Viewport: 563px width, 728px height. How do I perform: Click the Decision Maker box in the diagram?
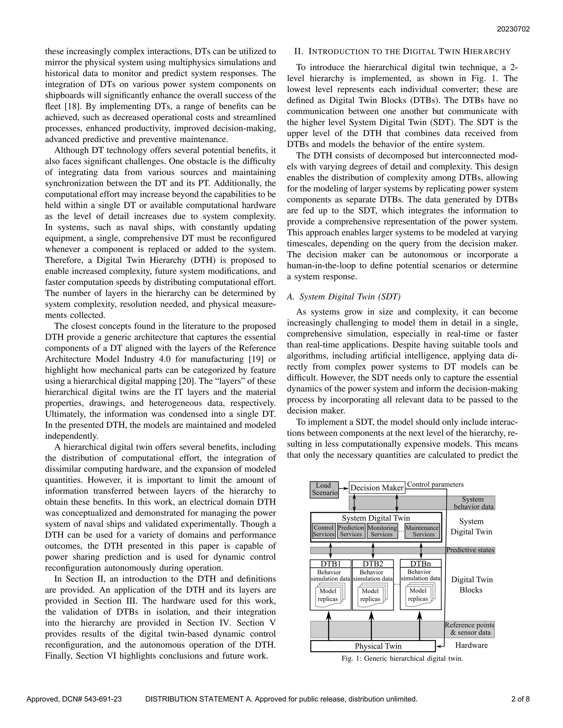[377, 488]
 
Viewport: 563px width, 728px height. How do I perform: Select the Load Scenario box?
[324, 489]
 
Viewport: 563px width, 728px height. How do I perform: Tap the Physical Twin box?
[373, 646]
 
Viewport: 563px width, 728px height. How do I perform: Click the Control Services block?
[324, 531]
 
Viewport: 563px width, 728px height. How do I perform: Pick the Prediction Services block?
[351, 531]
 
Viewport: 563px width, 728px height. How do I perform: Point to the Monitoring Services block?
[382, 531]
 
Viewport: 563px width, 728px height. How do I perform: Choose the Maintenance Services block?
[422, 531]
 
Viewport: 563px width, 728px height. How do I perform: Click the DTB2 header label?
[373, 564]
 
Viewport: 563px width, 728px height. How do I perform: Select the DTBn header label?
[421, 564]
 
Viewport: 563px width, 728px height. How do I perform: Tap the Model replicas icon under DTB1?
[329, 595]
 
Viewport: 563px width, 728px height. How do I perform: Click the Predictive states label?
[470, 550]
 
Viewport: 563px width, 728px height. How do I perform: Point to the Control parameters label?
[435, 484]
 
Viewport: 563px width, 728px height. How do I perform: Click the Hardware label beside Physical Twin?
[471, 645]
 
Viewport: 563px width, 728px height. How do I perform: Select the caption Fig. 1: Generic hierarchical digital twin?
[402, 659]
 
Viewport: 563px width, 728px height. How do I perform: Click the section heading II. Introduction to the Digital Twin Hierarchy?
[402, 52]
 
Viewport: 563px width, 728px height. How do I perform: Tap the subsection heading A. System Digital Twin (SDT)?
[344, 297]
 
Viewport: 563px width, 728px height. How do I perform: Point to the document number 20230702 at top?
[513, 29]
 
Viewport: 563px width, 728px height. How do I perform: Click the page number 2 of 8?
[520, 699]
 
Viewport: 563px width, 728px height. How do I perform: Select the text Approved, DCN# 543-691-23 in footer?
[74, 699]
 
